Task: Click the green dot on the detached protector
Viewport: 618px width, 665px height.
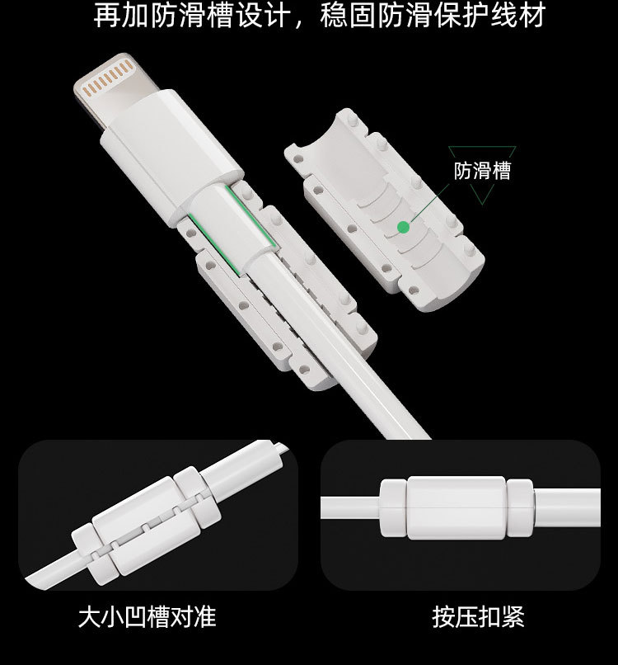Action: point(403,228)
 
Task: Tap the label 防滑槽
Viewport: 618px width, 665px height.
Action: point(483,171)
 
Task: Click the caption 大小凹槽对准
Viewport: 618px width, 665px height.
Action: point(147,617)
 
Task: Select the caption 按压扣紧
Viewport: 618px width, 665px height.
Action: point(478,617)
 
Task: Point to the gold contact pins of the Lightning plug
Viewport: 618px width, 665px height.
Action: point(108,78)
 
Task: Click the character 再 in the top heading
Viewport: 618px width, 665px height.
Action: point(106,17)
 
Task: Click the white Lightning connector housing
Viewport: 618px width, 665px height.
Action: point(171,156)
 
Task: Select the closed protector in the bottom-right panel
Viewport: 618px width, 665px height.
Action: point(456,507)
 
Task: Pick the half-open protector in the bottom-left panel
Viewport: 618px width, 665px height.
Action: point(146,526)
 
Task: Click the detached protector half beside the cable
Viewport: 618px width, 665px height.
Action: point(384,210)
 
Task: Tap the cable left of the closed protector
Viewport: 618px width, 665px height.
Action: point(350,507)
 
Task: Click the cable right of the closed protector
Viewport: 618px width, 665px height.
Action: point(567,507)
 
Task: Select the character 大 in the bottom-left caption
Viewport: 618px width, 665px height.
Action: point(89,617)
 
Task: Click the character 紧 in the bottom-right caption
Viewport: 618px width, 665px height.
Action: point(513,617)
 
